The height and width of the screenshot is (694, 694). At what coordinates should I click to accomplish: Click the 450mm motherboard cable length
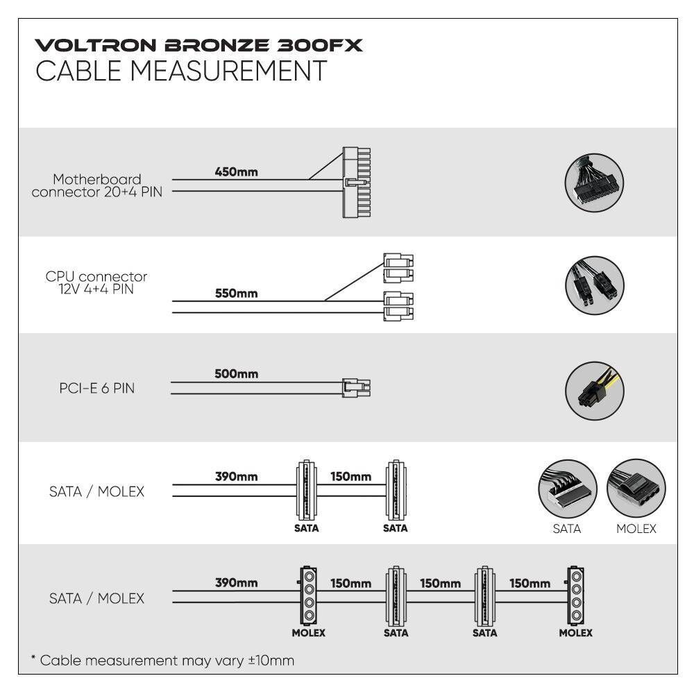(x=237, y=171)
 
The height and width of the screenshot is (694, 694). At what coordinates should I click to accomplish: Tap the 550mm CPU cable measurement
(x=237, y=294)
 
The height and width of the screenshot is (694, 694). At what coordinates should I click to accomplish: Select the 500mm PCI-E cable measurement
(x=237, y=374)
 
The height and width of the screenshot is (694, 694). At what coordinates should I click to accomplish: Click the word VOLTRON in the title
(x=96, y=46)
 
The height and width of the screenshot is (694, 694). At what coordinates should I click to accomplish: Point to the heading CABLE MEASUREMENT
(x=181, y=71)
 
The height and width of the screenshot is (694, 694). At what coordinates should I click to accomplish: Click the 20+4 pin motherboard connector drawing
(x=356, y=183)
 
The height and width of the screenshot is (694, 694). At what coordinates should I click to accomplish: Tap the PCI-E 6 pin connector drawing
(x=356, y=388)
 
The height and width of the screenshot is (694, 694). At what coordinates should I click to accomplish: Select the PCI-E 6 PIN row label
(x=97, y=388)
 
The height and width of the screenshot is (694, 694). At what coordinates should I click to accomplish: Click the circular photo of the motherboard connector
(x=594, y=183)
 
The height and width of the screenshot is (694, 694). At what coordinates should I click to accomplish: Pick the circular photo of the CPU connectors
(x=595, y=285)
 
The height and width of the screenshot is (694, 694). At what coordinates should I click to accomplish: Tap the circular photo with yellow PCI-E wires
(x=595, y=391)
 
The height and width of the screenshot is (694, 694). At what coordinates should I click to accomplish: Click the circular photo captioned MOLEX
(x=636, y=488)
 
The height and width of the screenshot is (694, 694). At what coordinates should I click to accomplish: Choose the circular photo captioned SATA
(x=568, y=489)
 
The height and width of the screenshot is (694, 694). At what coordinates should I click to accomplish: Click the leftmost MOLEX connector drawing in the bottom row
(x=308, y=595)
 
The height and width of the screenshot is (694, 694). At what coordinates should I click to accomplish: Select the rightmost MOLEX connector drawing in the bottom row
(x=575, y=595)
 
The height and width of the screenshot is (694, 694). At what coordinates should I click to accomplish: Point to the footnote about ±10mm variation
(x=162, y=661)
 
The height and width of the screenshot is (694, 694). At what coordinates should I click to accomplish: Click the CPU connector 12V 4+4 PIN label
(x=96, y=283)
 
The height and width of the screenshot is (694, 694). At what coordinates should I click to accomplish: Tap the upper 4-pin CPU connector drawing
(x=398, y=268)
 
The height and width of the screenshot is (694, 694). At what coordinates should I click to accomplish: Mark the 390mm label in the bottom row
(x=237, y=582)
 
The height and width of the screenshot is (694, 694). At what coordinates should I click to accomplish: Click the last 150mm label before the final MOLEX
(x=530, y=584)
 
